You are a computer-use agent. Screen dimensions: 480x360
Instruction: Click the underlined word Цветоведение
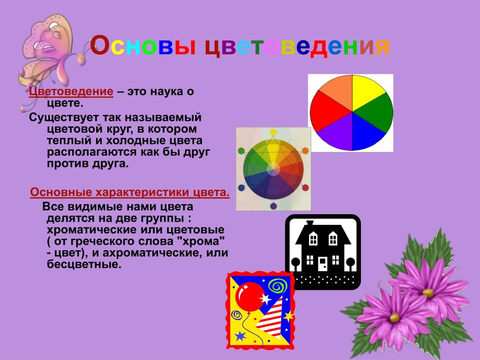click(71, 91)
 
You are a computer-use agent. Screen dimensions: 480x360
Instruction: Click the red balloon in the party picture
click(250, 297)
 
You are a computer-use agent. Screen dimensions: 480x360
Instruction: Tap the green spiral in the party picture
click(277, 287)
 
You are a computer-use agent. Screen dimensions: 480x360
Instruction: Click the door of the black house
click(322, 264)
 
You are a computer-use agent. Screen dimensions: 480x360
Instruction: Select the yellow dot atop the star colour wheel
click(273, 132)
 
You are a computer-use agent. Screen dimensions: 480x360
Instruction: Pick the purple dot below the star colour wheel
click(273, 206)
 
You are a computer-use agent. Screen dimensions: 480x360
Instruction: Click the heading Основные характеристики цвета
click(130, 192)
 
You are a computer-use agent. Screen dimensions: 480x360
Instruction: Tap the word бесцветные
click(84, 264)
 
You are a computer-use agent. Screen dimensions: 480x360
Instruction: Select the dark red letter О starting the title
click(99, 45)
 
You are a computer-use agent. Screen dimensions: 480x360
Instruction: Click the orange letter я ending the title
click(382, 47)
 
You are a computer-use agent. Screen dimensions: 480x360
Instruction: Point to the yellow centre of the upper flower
click(428, 293)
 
